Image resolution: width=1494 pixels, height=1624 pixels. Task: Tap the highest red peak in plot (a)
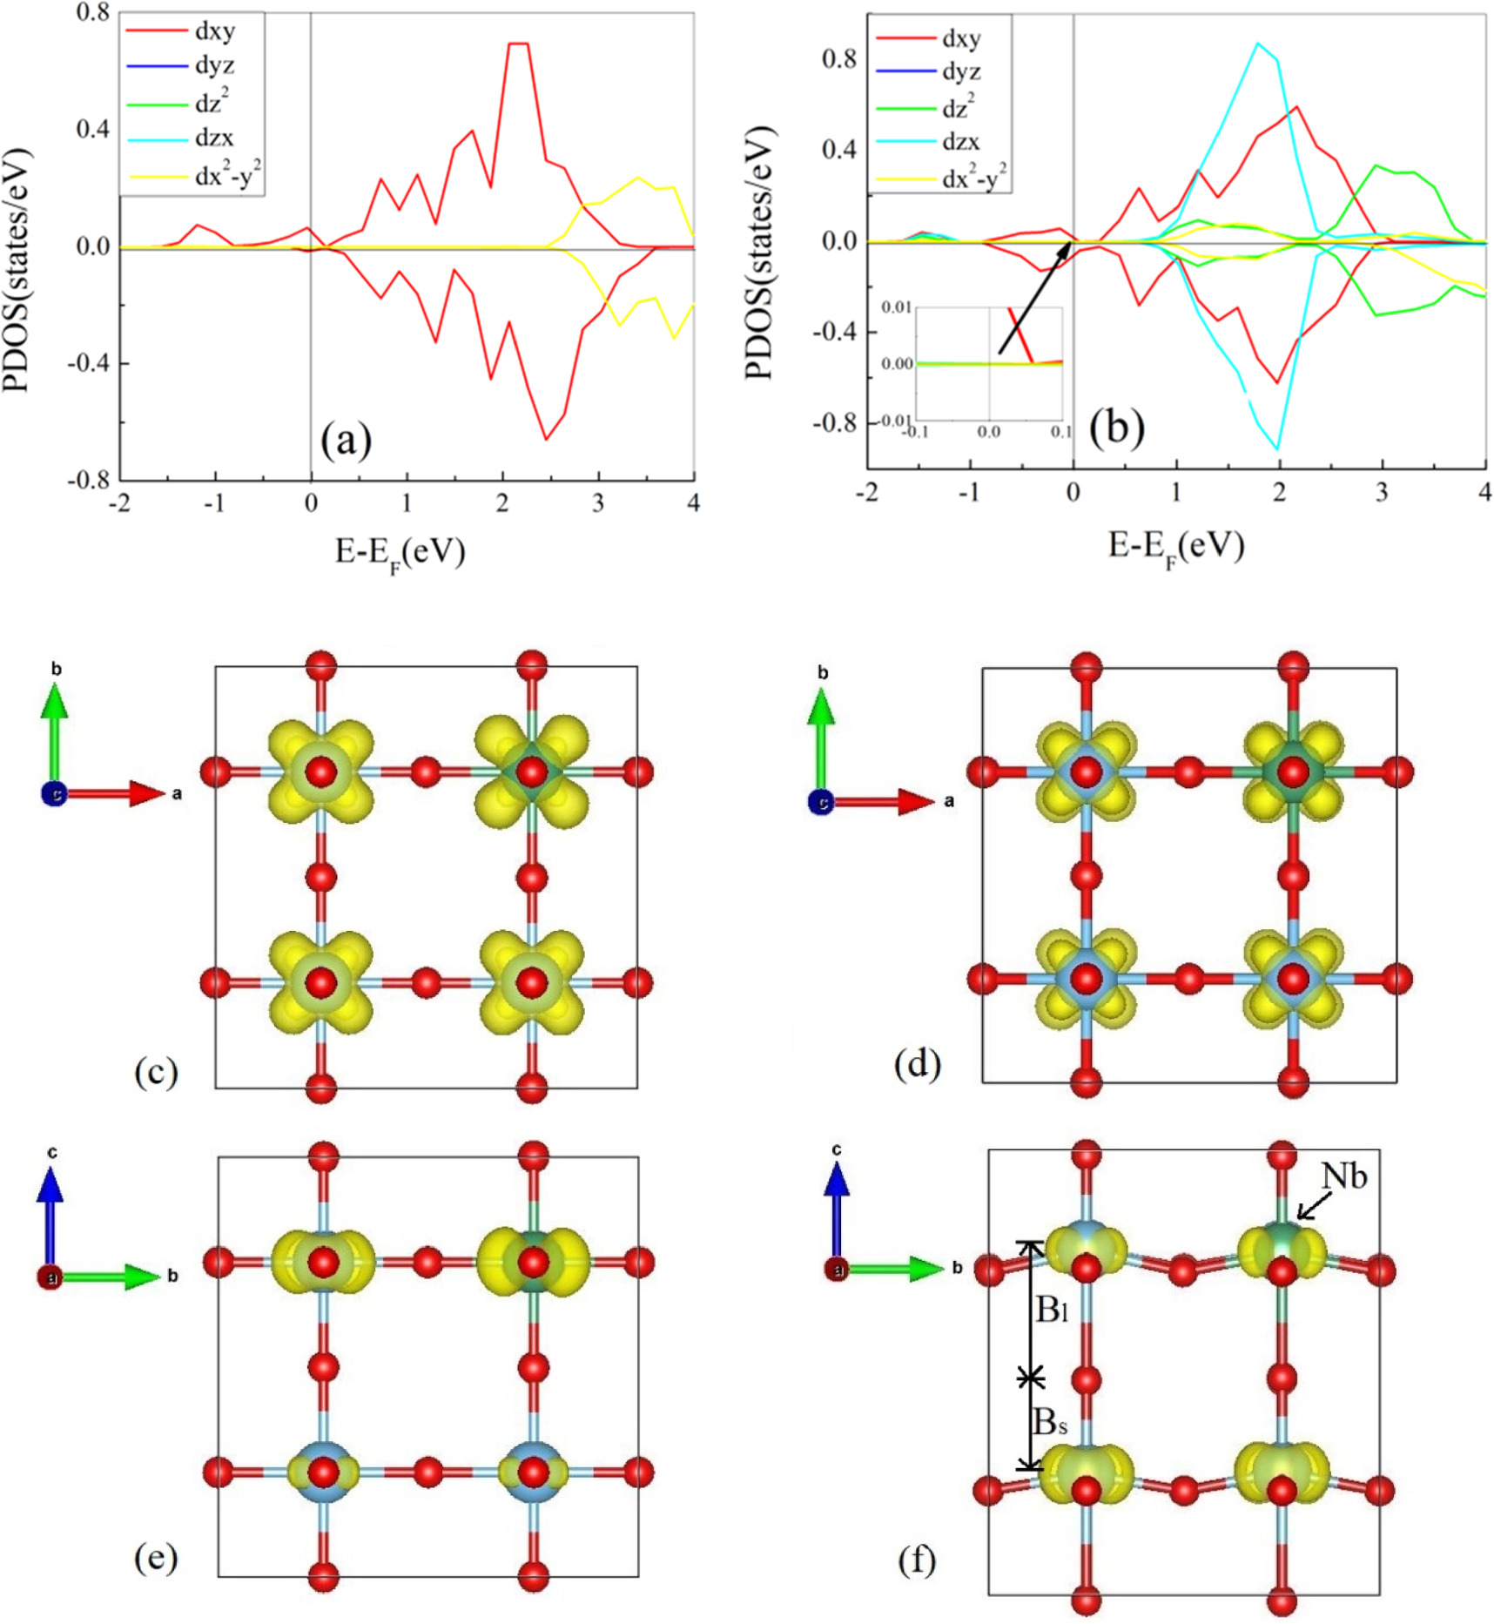pos(518,44)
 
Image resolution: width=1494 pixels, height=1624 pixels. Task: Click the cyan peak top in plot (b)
pos(1257,43)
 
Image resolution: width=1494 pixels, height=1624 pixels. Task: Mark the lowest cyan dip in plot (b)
pos(1277,448)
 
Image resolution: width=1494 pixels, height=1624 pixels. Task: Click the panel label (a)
pos(346,440)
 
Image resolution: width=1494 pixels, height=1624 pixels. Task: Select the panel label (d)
pos(918,1064)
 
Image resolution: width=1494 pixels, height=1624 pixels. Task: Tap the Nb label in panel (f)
pos(1344,1176)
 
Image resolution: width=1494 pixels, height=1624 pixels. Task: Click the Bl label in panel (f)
pos(1052,1309)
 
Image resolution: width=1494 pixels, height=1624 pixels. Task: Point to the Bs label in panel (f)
pos(1050,1421)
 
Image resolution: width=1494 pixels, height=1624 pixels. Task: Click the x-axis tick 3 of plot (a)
pos(597,503)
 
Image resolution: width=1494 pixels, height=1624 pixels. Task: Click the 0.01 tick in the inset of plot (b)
pos(896,307)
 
